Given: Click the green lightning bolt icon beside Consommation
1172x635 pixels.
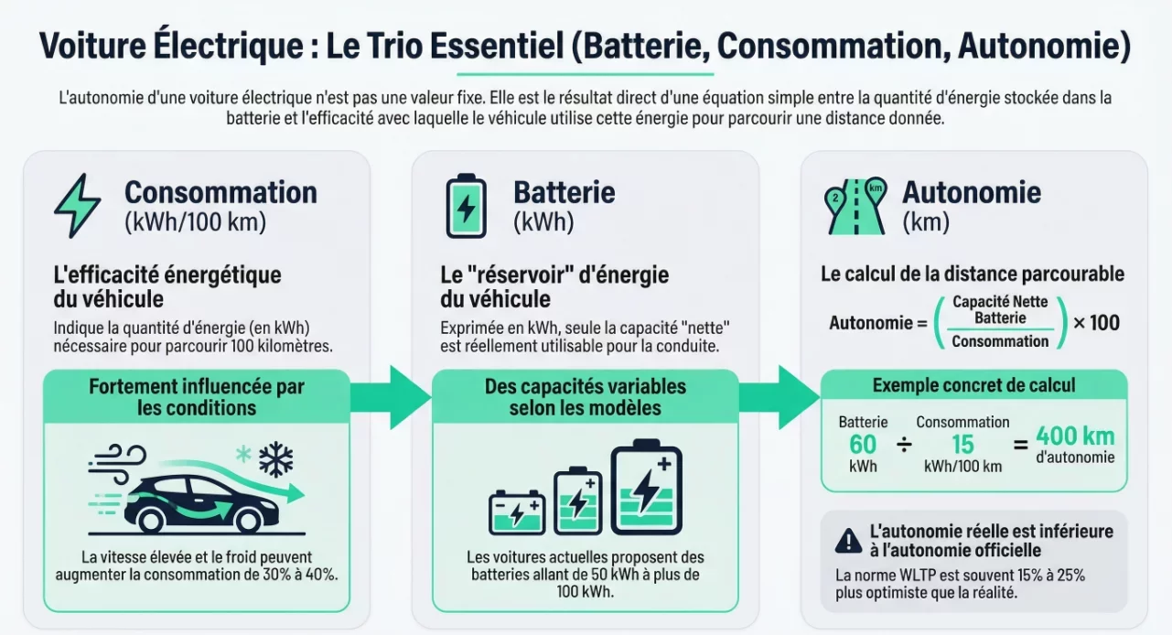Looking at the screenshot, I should point(77,205).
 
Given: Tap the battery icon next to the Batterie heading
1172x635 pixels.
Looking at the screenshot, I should point(467,205).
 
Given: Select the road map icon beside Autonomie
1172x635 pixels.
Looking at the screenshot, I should point(855,205).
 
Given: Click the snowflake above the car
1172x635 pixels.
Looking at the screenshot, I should point(275,459).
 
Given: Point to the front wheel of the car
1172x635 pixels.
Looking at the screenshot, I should point(249,519).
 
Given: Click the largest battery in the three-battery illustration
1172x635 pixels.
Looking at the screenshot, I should point(646,488).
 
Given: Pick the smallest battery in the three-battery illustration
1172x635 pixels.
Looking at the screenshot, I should point(517,511).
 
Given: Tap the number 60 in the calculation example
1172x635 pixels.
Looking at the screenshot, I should point(862,445).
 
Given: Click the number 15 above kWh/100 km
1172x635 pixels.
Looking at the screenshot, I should point(962,445).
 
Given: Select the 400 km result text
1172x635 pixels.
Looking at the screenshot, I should point(1075,436).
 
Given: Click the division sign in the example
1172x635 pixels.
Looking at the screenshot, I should point(904,446).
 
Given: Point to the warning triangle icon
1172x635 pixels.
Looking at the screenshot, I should point(849,541).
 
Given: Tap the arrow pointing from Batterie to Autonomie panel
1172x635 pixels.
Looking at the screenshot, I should point(780,396).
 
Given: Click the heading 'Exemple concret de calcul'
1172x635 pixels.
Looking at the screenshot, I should point(973,385).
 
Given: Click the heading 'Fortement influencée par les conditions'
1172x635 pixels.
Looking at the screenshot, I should point(197,396).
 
